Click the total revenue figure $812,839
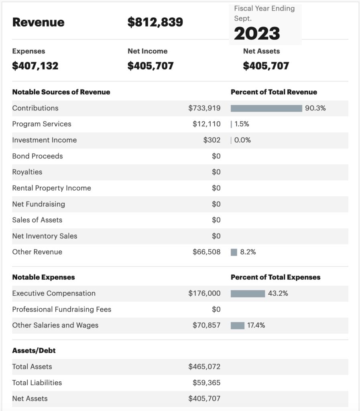click(x=155, y=22)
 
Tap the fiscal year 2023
click(x=257, y=34)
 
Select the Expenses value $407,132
click(x=35, y=66)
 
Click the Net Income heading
click(x=148, y=51)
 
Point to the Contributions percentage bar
click(x=266, y=108)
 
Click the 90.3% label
click(x=315, y=108)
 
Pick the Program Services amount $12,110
click(x=206, y=124)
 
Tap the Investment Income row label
click(x=45, y=140)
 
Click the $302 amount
click(x=212, y=140)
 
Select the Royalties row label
click(x=27, y=172)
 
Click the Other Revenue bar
click(x=234, y=252)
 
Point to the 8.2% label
click(x=248, y=252)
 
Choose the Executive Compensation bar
click(x=248, y=293)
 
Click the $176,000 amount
click(x=204, y=293)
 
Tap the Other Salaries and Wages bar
click(x=237, y=326)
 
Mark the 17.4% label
click(x=256, y=325)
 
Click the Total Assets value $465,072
click(x=204, y=367)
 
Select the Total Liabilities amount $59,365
click(x=206, y=383)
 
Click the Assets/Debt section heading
click(x=34, y=351)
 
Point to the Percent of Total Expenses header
click(x=275, y=277)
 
